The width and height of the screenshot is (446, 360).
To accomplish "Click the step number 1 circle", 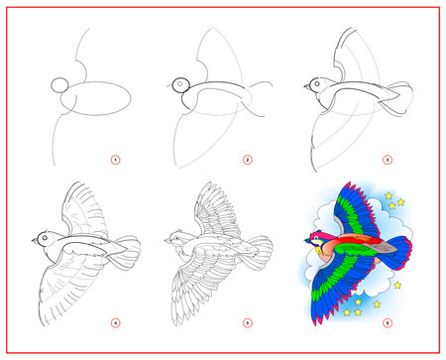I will pos(114,159).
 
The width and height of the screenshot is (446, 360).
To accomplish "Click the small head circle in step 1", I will pos(60,86).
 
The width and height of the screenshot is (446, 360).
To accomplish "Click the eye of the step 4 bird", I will pos(41,238).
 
